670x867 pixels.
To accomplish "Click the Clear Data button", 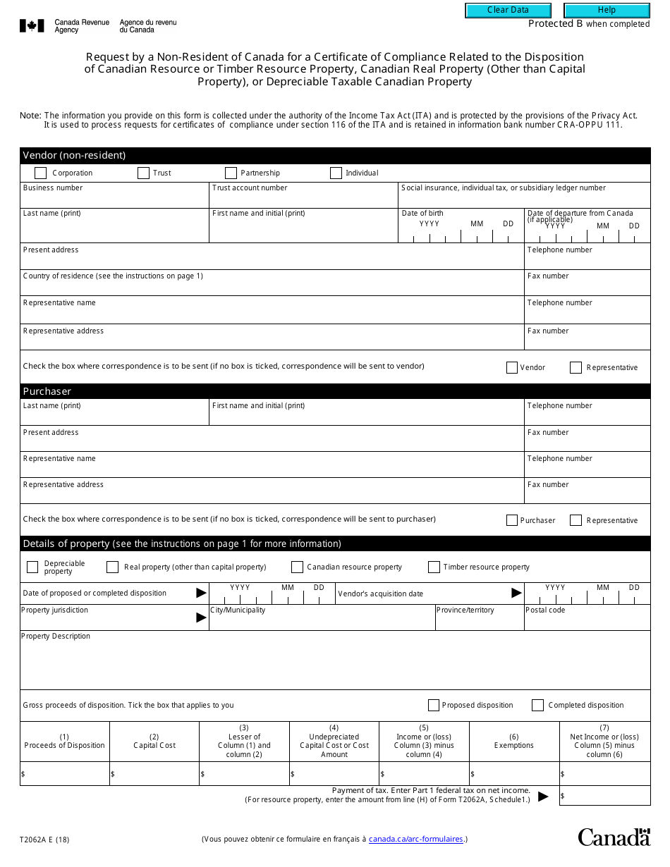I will (x=507, y=11).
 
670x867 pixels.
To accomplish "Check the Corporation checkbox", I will (x=41, y=173).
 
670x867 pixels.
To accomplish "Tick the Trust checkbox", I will (x=143, y=173).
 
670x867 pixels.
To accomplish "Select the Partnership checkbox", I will (x=231, y=173).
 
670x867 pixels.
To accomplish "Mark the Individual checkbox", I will (x=336, y=173).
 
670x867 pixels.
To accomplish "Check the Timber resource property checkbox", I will (x=434, y=567).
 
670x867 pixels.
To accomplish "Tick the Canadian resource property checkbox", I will (x=297, y=567).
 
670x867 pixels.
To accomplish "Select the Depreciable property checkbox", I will (x=32, y=567).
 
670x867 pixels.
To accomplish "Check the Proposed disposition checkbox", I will (x=434, y=705).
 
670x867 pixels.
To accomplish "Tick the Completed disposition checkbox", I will (x=537, y=705).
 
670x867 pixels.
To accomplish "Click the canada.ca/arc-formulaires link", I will (x=415, y=839).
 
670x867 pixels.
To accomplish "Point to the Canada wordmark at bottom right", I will (x=614, y=837).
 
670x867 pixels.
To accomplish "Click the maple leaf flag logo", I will (x=32, y=26).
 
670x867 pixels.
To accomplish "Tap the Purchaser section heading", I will (x=47, y=391).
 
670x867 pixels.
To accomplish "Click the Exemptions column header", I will (x=514, y=741).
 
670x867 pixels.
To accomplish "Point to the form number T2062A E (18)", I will (x=44, y=840).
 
